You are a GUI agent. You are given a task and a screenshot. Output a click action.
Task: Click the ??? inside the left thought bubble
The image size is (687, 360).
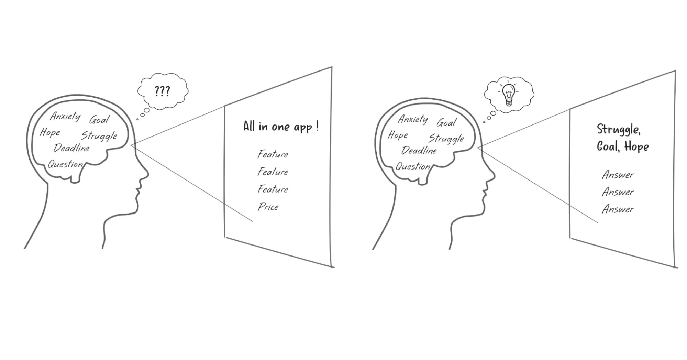(162, 91)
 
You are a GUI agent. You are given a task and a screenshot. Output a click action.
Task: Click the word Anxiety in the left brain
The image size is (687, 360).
(65, 116)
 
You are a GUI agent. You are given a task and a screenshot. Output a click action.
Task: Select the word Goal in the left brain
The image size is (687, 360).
(99, 120)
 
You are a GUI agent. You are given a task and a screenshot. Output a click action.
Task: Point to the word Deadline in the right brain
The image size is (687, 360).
(419, 151)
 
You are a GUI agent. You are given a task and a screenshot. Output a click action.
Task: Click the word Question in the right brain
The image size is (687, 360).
(413, 167)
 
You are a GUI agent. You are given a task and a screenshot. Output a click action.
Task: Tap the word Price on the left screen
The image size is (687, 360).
(268, 207)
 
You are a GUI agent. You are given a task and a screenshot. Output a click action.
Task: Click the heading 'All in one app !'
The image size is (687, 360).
(280, 127)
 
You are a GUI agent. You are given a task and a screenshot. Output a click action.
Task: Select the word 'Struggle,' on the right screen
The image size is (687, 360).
(619, 130)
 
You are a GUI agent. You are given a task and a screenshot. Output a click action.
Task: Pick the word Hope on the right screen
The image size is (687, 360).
(636, 147)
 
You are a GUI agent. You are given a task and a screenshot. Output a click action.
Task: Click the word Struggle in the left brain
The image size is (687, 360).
(99, 136)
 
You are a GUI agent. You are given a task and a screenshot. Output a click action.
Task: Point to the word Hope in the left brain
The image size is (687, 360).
(50, 132)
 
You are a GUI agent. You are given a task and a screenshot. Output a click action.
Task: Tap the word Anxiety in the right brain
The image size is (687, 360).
(413, 119)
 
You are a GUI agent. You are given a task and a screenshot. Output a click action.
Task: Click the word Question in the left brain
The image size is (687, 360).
(65, 164)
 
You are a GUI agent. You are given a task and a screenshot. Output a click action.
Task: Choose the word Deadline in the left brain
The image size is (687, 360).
(71, 148)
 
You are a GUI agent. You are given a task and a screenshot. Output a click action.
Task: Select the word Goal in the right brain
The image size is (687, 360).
(446, 123)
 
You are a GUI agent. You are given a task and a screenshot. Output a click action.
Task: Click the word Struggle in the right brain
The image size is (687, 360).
(446, 139)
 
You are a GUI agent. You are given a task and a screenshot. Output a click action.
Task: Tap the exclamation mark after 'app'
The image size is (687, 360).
(317, 126)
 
